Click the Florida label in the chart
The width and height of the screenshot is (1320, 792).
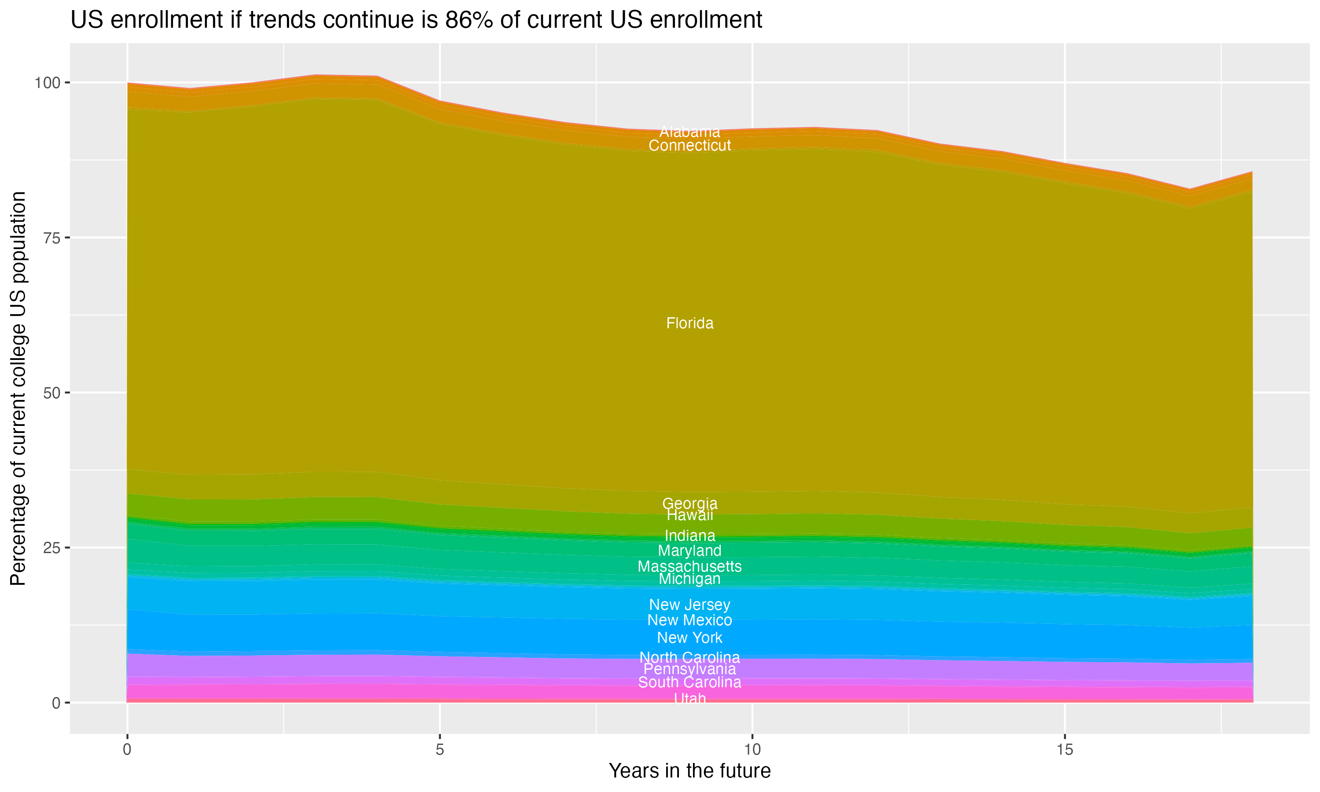tap(689, 323)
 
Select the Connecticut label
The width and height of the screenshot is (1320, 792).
tap(689, 145)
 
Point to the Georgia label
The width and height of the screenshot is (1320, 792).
tap(689, 503)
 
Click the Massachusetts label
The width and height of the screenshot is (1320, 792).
tap(689, 566)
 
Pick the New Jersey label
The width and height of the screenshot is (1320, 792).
tap(689, 605)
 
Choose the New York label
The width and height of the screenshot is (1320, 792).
tap(689, 638)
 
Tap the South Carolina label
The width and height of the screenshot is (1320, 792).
tap(689, 682)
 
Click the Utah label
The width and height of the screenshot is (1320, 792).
tap(689, 699)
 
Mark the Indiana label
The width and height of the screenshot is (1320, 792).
tap(689, 535)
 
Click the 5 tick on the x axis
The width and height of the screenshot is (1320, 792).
tap(440, 750)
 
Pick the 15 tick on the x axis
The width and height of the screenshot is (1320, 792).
tap(1064, 750)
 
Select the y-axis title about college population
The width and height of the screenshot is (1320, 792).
tap(18, 389)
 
